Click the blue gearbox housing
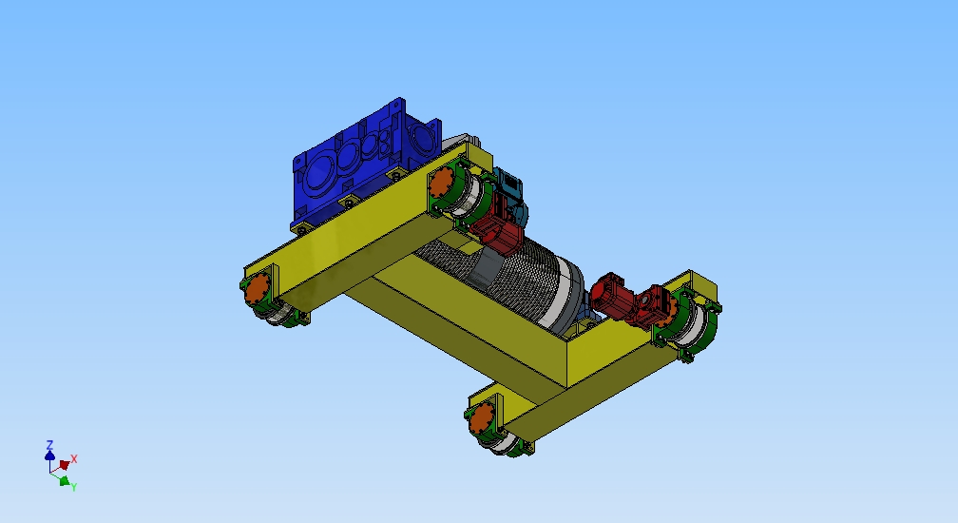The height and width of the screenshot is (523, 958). click(x=352, y=166)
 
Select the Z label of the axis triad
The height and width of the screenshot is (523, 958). click(x=49, y=444)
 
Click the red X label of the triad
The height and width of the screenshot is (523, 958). click(x=74, y=458)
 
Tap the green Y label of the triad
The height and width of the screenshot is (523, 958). click(x=74, y=487)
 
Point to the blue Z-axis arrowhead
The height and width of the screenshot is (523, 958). click(x=49, y=455)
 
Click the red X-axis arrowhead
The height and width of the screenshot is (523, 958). click(x=64, y=465)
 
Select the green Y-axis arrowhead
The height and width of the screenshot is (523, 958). click(x=64, y=481)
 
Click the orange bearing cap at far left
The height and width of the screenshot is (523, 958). click(x=258, y=290)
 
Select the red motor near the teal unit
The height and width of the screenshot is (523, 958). click(x=498, y=234)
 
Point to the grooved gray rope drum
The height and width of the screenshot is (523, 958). click(x=523, y=276)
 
